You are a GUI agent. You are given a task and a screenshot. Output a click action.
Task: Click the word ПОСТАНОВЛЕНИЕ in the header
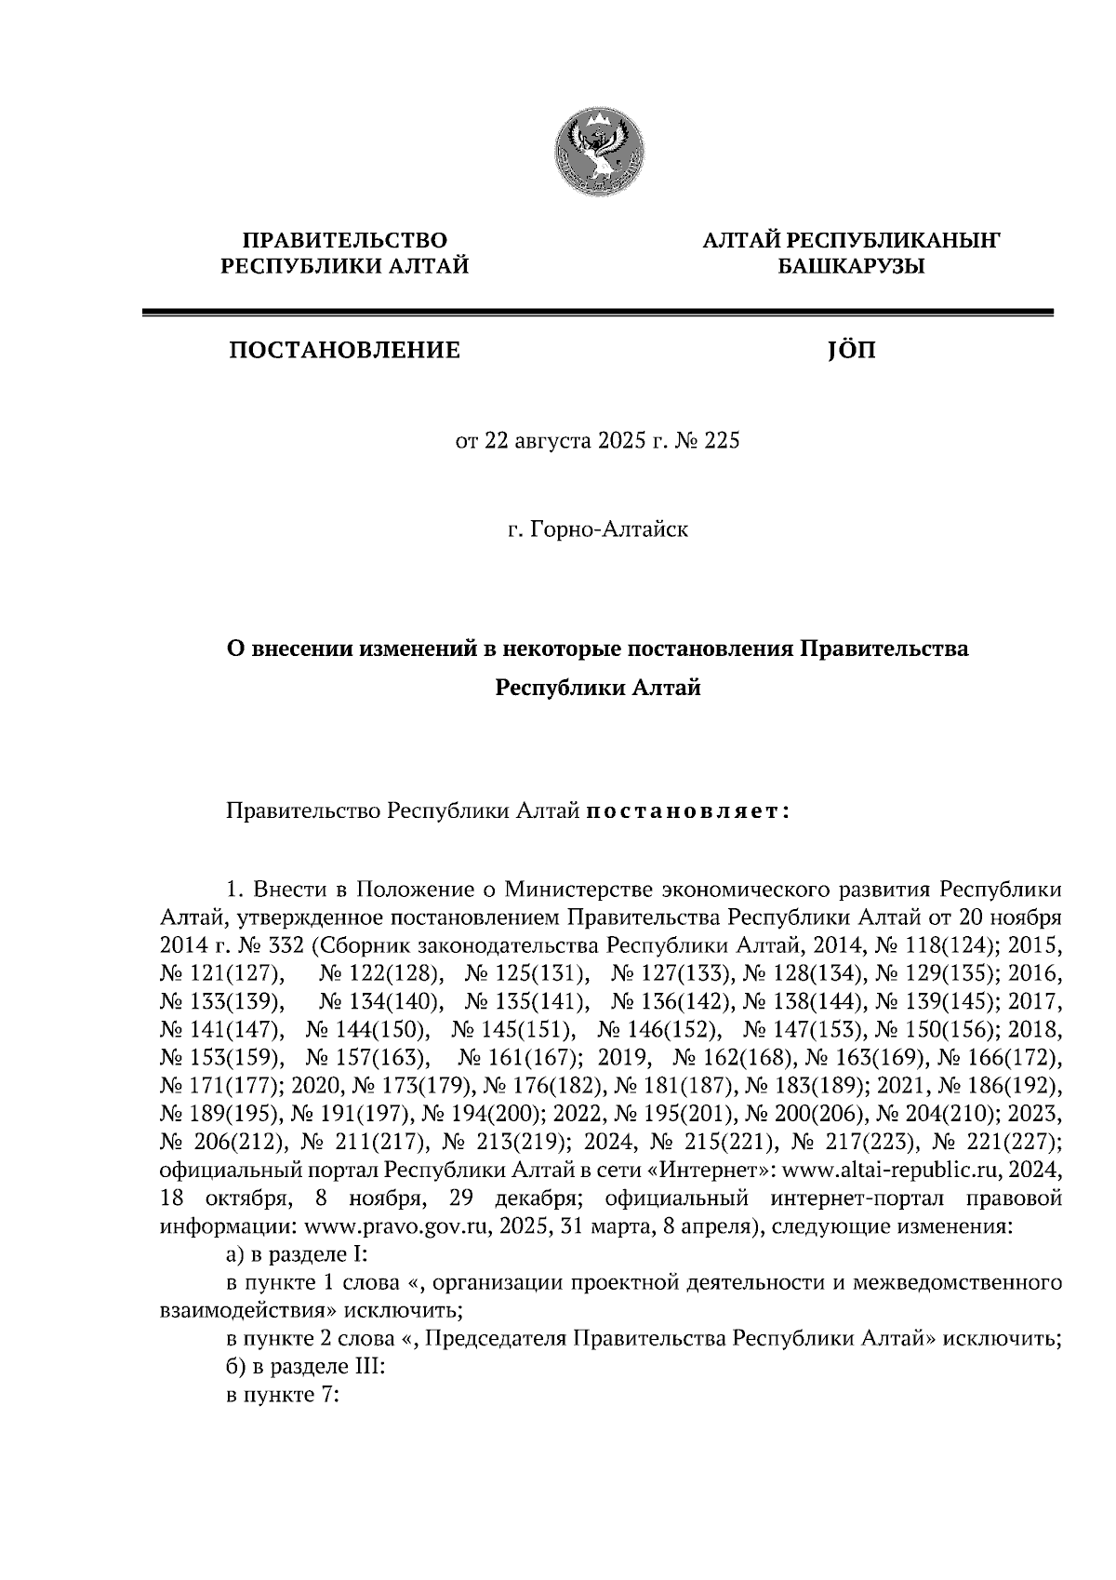pos(345,351)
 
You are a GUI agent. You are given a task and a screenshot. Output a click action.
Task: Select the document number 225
pos(723,441)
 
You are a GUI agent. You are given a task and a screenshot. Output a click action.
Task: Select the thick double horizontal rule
pos(597,314)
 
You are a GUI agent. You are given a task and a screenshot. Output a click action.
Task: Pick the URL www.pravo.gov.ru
pos(391,1226)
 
